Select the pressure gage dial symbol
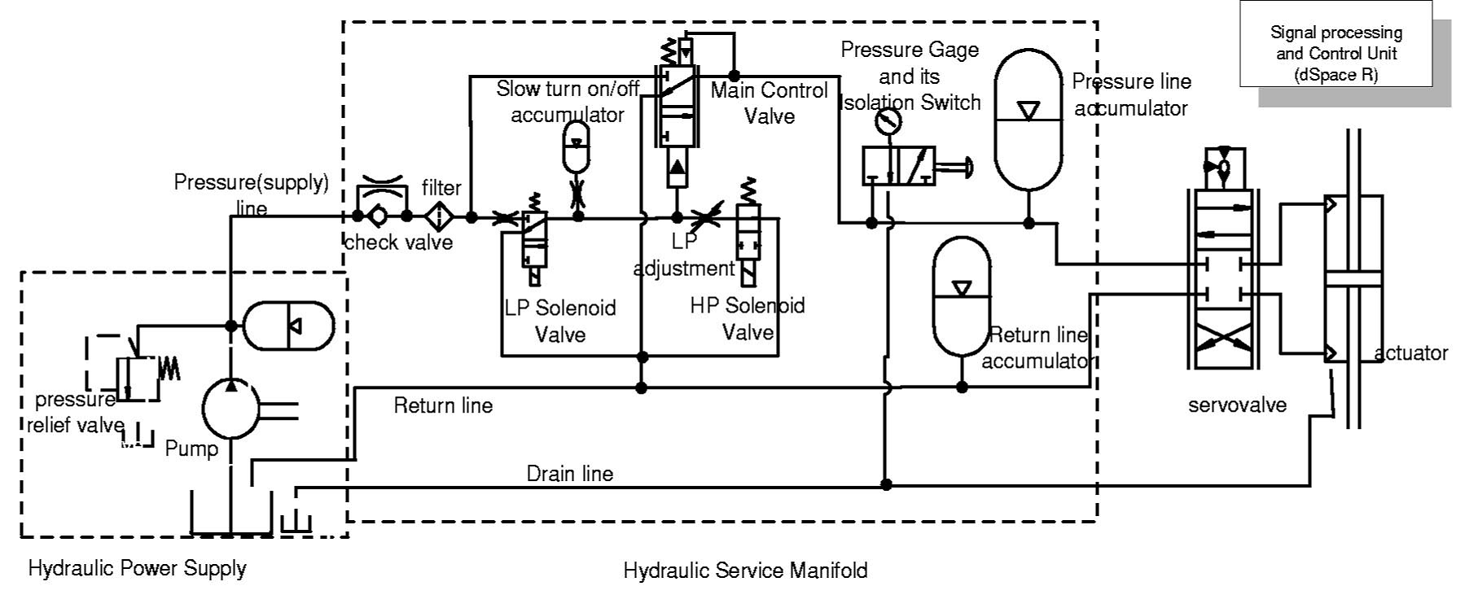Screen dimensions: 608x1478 coord(888,122)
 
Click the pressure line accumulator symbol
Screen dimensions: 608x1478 coord(1028,119)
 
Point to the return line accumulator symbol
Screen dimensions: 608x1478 coord(962,296)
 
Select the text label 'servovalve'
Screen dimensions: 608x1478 coord(1237,405)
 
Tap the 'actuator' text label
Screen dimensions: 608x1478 coord(1411,353)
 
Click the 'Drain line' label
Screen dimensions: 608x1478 coord(569,474)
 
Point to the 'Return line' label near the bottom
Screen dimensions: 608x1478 coord(443,405)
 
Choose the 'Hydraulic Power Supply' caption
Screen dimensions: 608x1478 coord(137,568)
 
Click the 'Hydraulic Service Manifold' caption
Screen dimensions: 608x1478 coord(745,571)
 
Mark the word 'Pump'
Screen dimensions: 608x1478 coord(191,448)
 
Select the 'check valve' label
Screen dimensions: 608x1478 coord(398,243)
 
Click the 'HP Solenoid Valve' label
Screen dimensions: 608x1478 coord(748,318)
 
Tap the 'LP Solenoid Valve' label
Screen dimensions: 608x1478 coord(560,321)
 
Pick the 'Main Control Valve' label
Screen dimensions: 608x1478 coord(769,103)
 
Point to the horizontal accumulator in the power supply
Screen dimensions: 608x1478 coord(289,326)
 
